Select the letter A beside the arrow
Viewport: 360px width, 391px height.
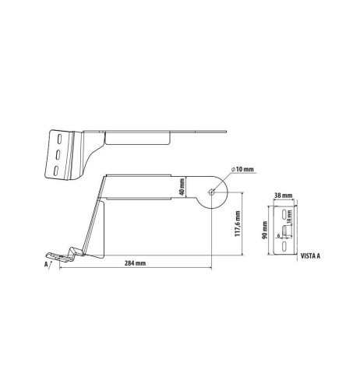[x=48, y=266]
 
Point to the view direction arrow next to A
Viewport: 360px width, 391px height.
[x=54, y=264]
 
